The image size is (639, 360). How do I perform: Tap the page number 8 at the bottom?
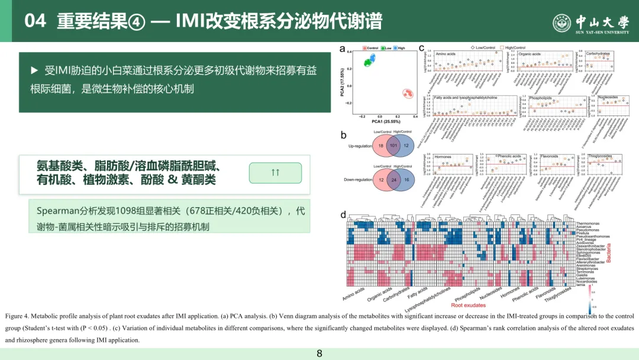point(319,353)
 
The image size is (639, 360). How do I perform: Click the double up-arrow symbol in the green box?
point(275,172)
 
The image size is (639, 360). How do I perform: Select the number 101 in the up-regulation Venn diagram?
point(391,145)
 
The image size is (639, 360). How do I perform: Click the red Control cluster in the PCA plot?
point(407,93)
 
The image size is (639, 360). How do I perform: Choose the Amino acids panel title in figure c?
point(445,54)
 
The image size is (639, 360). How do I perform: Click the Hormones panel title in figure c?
point(443,157)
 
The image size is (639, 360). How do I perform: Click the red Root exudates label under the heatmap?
point(468,306)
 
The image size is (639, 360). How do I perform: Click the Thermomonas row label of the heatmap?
point(589,224)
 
